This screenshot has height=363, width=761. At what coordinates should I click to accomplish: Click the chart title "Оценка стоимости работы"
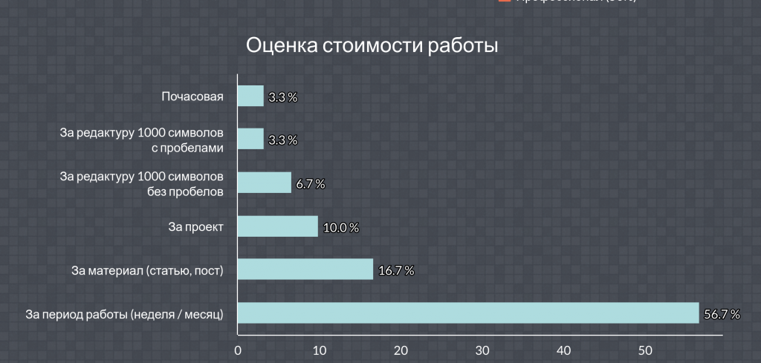point(372,45)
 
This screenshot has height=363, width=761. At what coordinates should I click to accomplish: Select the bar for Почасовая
point(250,97)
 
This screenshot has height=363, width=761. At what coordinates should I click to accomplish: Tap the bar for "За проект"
point(277,226)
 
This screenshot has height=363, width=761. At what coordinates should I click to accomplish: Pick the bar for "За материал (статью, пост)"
point(305,269)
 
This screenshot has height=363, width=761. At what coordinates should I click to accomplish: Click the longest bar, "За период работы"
point(467,313)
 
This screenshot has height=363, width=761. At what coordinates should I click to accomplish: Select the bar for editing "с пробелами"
point(250,140)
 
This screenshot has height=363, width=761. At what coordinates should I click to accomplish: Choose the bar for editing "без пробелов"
point(264,183)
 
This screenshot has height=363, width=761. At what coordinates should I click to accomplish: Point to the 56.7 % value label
point(723,315)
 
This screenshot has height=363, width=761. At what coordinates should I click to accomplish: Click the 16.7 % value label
point(396,271)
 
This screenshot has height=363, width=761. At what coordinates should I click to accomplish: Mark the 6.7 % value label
point(310,184)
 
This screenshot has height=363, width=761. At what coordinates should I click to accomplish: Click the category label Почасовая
point(192,97)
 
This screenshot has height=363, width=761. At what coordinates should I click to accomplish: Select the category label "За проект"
point(196,226)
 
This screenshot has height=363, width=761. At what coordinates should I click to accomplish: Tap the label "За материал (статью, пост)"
point(147,269)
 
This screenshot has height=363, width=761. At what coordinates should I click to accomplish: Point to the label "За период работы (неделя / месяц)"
point(124,313)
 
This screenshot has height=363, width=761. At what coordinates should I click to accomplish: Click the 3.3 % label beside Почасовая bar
point(282,98)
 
